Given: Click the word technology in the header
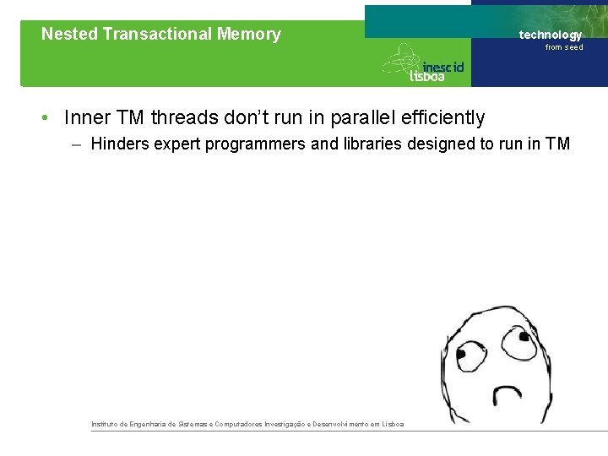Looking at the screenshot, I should [551, 35].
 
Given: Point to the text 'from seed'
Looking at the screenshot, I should [564, 47].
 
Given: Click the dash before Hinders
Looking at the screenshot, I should [77, 144].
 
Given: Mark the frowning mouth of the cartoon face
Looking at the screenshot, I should [507, 395].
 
